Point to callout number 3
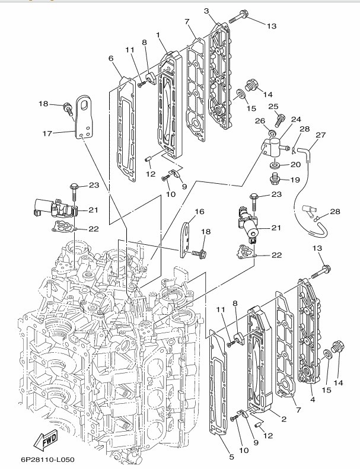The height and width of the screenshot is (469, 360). [x=206, y=11]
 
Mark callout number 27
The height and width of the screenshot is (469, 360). [x=321, y=135]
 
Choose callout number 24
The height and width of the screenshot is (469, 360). [x=295, y=119]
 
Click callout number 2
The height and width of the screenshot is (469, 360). [x=283, y=419]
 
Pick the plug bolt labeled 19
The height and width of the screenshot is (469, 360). [x=275, y=177]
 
